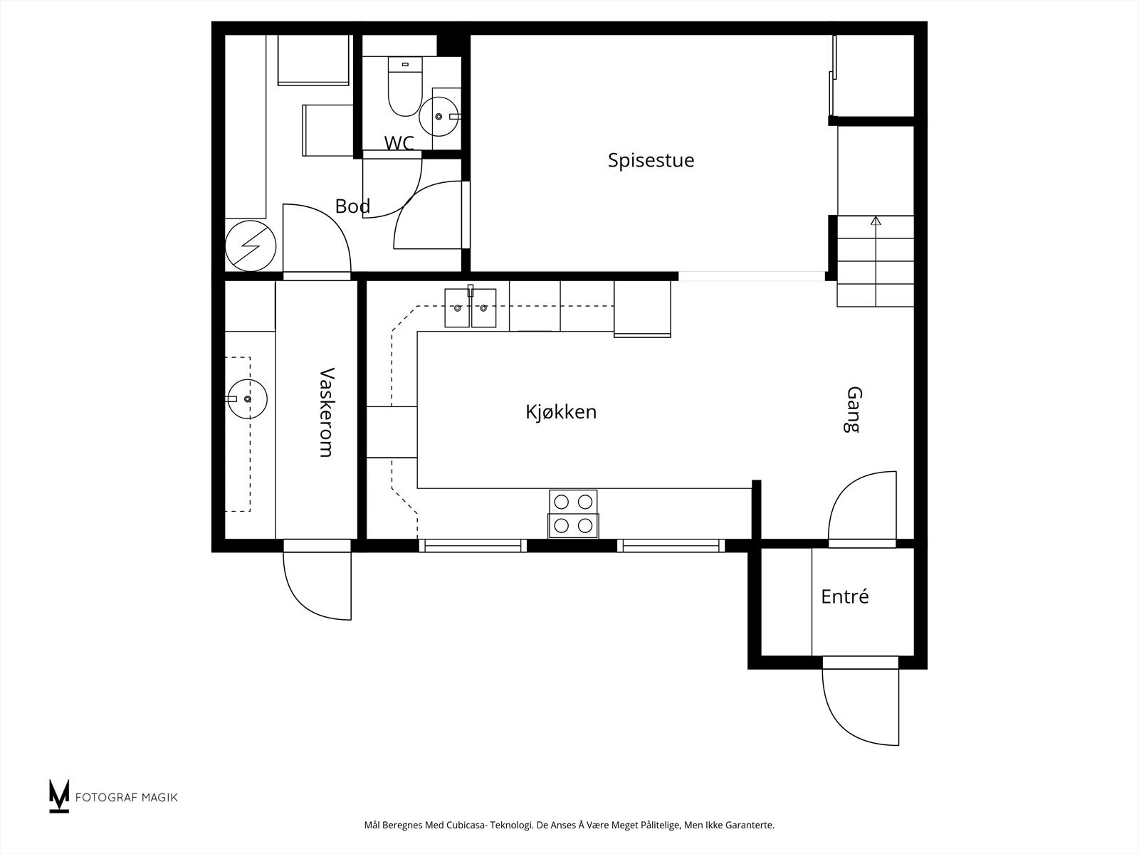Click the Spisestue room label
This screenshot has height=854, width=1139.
(x=651, y=160)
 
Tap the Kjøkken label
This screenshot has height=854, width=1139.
(x=561, y=412)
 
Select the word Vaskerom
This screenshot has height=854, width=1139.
(x=326, y=412)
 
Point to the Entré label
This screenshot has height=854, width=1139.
(x=845, y=596)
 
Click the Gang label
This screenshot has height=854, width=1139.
(x=854, y=409)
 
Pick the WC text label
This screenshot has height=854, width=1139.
(x=399, y=142)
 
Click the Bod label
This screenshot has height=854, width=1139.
(x=352, y=206)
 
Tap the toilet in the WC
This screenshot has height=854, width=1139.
(x=405, y=86)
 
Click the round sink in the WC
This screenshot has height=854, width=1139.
(x=439, y=117)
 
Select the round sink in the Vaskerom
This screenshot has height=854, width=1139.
(x=248, y=399)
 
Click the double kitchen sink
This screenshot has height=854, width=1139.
(x=470, y=308)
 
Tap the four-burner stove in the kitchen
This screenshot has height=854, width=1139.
(x=573, y=514)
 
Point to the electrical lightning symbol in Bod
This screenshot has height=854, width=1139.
(x=251, y=246)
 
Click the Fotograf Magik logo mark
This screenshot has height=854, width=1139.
(x=59, y=796)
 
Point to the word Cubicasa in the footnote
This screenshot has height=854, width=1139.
(x=467, y=825)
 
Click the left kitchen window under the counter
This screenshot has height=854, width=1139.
(x=473, y=545)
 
